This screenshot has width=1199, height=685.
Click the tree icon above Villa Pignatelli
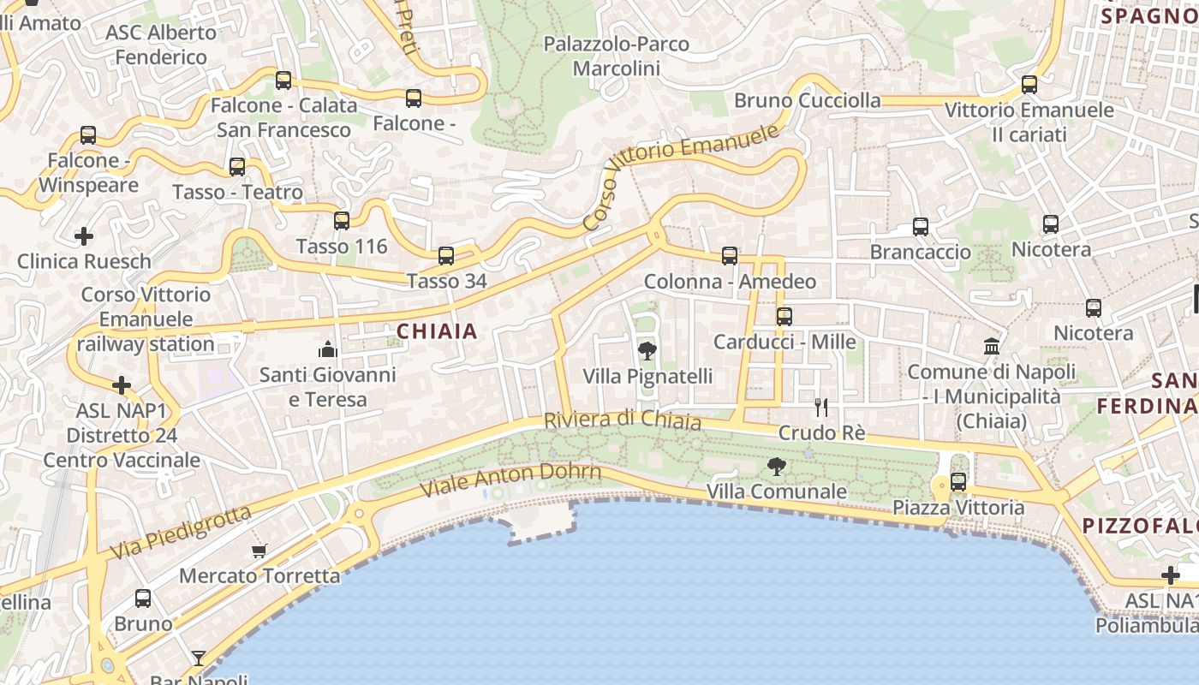click(647, 350)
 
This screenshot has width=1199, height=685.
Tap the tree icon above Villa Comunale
click(777, 467)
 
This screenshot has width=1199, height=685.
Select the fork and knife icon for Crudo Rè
click(821, 408)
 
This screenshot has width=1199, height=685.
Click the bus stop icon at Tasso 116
click(342, 221)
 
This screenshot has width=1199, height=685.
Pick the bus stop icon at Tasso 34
click(446, 255)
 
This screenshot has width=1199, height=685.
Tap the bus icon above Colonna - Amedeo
click(730, 255)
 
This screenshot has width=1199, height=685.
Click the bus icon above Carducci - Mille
click(784, 316)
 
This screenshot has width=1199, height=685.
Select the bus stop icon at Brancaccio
click(921, 227)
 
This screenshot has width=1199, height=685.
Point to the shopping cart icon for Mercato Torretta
click(259, 551)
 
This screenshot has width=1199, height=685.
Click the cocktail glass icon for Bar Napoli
click(199, 658)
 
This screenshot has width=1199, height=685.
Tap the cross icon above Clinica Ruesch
click(84, 235)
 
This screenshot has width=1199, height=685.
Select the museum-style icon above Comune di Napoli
click(992, 347)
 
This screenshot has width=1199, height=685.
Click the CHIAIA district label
click(437, 331)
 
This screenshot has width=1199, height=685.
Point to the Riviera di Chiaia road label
click(623, 420)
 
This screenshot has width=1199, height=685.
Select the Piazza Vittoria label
click(958, 508)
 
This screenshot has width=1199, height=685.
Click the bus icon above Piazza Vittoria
click(958, 482)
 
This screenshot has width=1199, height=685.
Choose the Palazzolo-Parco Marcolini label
click(617, 56)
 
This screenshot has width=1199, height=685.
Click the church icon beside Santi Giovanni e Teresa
click(328, 349)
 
